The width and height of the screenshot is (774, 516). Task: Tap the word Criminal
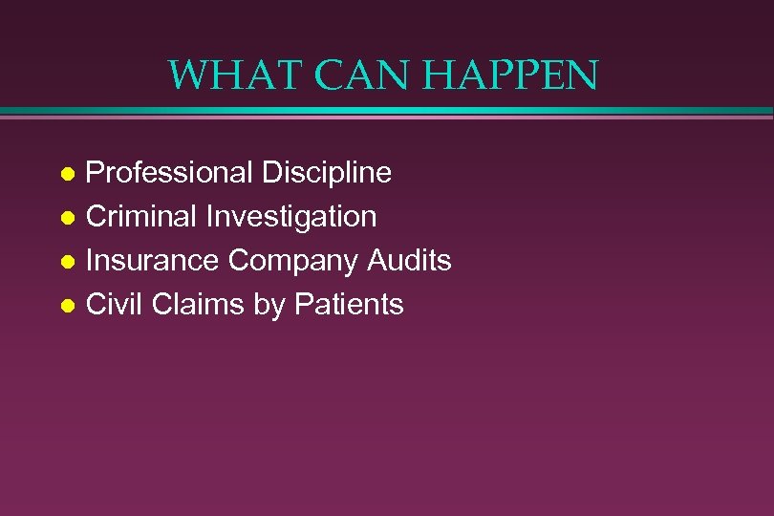(141, 217)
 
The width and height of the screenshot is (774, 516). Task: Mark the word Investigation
(291, 217)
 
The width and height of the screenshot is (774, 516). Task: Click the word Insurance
(152, 261)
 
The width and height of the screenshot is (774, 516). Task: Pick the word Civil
(113, 305)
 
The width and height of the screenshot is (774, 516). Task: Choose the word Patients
(349, 305)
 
